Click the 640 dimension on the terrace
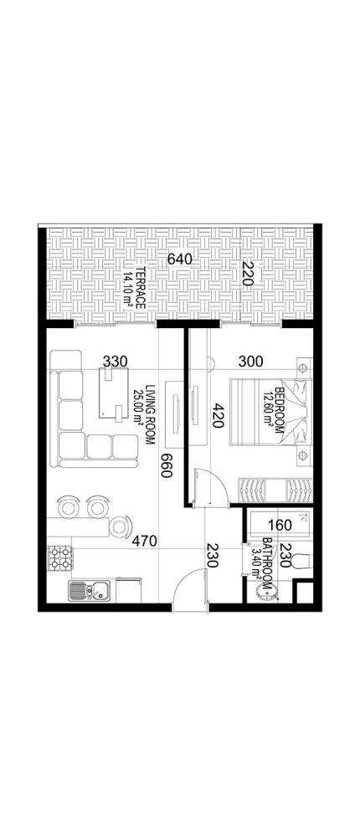[x=180, y=259]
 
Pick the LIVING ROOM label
[x=152, y=406]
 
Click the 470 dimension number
[x=147, y=542]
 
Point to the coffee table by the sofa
[x=111, y=394]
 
